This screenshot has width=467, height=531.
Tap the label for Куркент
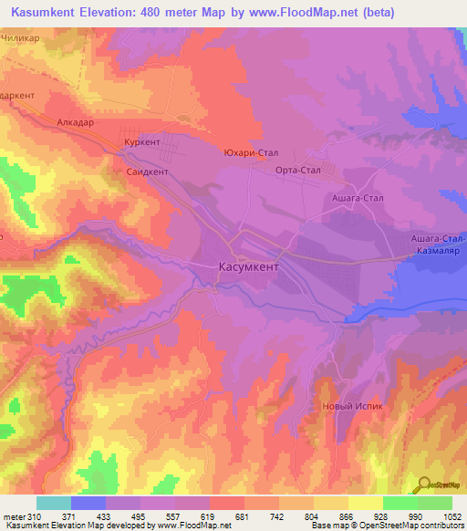143,143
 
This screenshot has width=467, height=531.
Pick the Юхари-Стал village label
251,153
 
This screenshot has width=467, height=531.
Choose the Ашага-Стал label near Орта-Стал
355,197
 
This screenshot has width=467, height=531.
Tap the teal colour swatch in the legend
54,503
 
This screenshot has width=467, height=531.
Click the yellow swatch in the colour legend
366,503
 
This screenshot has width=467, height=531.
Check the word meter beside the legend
14,516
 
